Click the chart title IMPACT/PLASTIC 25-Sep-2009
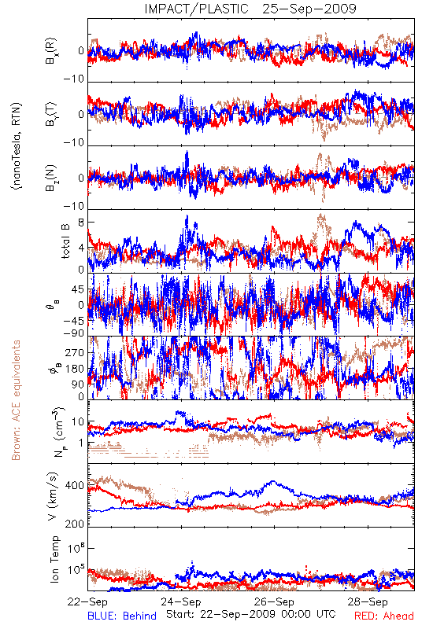pos(250,9)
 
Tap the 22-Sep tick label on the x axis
pos(87,601)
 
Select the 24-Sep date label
pos(181,601)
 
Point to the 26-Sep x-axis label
pos(274,601)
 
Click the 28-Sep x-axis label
pos(368,601)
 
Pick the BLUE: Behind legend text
pos(122,616)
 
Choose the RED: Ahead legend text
pos(384,616)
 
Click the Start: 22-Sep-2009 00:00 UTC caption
pos(251,614)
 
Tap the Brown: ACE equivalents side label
pos(16,400)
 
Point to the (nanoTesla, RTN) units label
pos(17,146)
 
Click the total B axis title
pos(65,241)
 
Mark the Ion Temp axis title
pos(54,559)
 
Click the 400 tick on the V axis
pos(74,486)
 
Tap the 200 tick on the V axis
pos(74,524)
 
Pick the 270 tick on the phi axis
pos(74,352)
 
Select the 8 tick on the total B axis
pos(81,223)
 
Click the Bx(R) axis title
pos(51,51)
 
